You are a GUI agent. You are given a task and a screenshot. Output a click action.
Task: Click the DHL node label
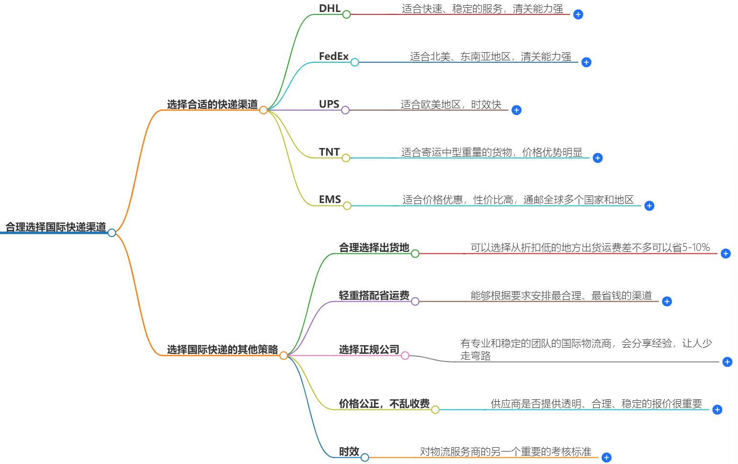329,9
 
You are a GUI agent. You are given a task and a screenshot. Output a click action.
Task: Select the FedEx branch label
333,57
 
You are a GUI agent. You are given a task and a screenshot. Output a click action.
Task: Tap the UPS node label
329,104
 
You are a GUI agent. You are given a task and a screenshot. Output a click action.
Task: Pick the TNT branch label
329,152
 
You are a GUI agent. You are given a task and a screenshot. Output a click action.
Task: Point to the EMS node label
330,200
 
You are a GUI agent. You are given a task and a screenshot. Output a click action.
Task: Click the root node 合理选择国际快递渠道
56,227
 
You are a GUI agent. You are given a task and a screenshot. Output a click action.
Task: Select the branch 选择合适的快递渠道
212,104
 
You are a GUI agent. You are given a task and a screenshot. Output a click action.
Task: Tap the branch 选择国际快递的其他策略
222,350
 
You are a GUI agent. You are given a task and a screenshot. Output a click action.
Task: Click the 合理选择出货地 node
374,248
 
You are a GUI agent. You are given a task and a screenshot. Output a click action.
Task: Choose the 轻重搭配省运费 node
374,295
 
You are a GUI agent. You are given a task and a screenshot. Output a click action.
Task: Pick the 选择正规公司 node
369,350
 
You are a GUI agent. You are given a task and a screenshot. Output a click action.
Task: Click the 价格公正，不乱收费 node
384,404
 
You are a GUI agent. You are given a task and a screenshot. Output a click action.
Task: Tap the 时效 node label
349,452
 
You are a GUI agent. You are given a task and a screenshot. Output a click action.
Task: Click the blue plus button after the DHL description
578,14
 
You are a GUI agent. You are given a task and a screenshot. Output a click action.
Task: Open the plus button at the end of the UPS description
516,110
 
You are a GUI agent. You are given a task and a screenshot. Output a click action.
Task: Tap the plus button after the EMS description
649,206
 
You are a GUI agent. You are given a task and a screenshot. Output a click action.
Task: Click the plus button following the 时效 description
606,458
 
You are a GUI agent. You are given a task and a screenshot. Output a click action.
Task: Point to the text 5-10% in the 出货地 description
696,248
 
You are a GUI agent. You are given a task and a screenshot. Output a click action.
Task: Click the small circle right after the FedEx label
354,62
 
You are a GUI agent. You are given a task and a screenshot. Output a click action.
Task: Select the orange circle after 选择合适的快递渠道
263,110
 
